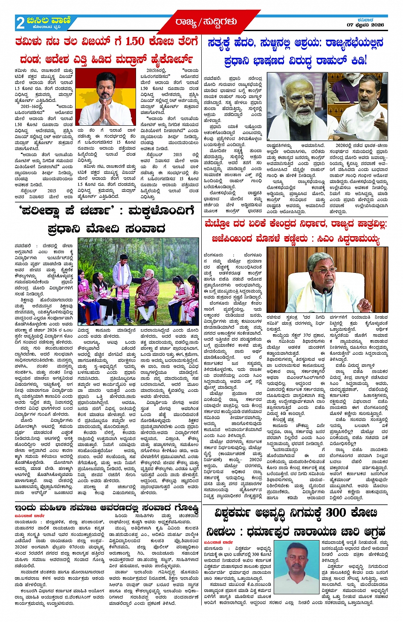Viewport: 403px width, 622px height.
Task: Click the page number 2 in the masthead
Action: [20, 23]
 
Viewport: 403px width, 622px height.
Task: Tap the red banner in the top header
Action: [206, 21]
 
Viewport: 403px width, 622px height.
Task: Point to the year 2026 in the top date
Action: [377, 25]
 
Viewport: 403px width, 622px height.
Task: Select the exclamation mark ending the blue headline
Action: [365, 61]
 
